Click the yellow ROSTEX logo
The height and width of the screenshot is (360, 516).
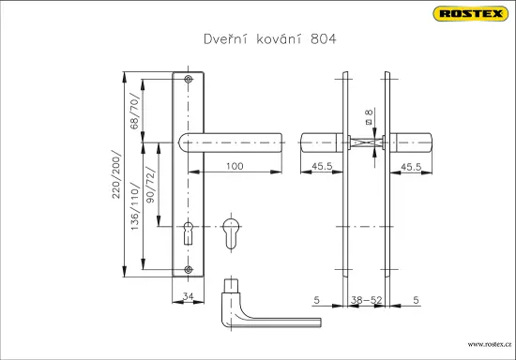(x=471, y=14)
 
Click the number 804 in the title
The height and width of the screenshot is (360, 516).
(x=323, y=39)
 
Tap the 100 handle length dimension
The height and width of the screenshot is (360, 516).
(x=235, y=166)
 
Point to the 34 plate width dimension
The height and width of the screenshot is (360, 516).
(x=188, y=296)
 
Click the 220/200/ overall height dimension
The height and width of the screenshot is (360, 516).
(x=116, y=174)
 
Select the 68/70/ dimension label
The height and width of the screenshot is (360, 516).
(x=135, y=112)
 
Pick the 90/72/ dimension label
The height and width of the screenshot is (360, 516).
(x=150, y=185)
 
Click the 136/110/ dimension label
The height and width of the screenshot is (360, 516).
(x=135, y=206)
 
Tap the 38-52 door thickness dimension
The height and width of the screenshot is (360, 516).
(x=366, y=300)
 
